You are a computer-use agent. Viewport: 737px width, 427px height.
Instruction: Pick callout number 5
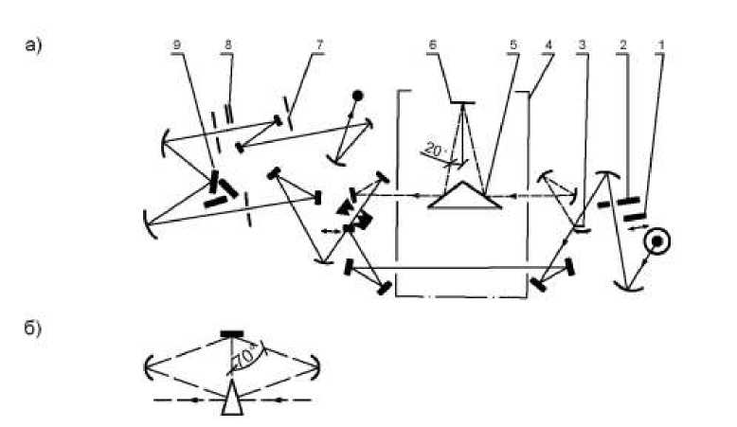512,45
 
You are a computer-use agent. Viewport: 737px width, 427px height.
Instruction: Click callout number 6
432,45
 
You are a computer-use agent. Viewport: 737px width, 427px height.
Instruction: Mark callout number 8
228,45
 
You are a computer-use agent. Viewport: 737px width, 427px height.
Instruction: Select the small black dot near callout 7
358,96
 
